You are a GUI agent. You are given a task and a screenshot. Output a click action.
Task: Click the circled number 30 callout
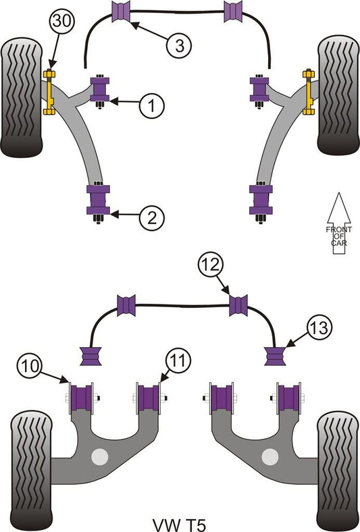(x=62, y=21)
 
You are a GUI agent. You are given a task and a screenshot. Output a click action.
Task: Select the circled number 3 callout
(x=179, y=45)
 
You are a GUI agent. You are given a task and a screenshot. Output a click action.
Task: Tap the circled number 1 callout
(x=152, y=105)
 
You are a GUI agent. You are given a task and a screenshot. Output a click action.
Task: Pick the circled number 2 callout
(x=152, y=217)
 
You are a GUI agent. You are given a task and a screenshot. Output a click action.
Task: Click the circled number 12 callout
(x=211, y=264)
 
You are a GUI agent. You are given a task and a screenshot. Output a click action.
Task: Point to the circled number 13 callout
(x=319, y=328)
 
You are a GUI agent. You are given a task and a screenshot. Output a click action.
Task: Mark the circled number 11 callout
(x=178, y=361)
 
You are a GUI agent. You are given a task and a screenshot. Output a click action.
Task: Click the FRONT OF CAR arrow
(x=338, y=224)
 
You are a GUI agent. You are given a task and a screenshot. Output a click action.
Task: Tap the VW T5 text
(x=179, y=525)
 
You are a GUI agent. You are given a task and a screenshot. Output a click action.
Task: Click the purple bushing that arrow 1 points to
(x=100, y=89)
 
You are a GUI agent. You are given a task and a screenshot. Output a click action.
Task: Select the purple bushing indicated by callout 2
(x=99, y=200)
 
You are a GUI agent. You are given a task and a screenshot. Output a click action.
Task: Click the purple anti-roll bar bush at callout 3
(x=121, y=11)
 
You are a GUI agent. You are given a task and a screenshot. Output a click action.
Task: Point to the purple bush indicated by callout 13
(x=276, y=356)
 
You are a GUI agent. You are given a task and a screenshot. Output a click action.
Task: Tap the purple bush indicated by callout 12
(x=238, y=305)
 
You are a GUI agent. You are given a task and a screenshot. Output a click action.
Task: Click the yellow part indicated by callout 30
(x=49, y=92)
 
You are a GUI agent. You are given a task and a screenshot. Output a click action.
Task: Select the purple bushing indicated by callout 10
(x=81, y=398)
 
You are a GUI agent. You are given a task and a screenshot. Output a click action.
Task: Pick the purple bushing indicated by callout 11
(x=149, y=398)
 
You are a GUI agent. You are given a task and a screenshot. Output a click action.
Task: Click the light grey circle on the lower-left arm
(x=100, y=456)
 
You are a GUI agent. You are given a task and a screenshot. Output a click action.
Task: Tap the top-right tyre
(x=338, y=95)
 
